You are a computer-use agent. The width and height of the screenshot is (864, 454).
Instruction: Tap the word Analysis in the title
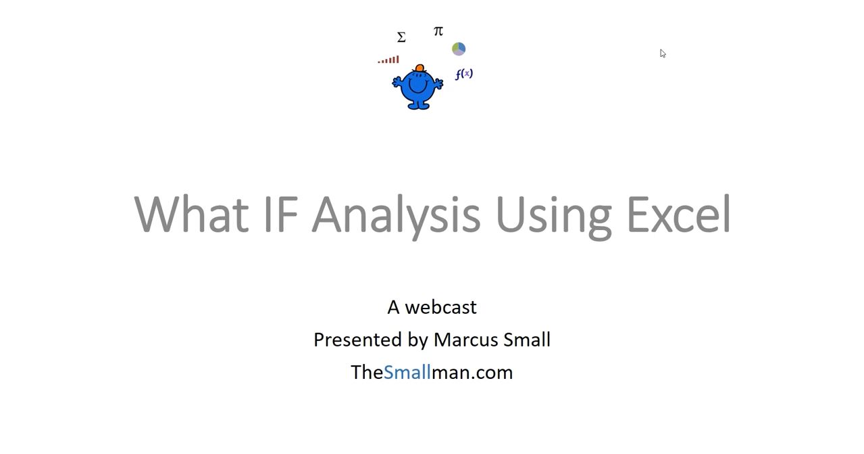click(x=396, y=217)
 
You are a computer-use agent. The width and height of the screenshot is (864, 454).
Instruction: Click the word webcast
click(x=441, y=308)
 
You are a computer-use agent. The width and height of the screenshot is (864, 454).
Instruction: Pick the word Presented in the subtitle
click(x=358, y=340)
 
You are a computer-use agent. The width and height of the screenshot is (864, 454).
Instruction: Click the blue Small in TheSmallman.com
click(x=407, y=373)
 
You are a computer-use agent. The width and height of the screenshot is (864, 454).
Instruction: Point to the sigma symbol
click(x=401, y=37)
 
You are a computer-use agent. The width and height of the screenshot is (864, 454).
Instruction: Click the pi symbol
click(x=438, y=31)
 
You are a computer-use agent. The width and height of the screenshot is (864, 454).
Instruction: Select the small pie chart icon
click(x=459, y=49)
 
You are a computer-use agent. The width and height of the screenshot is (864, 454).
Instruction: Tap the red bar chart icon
click(x=388, y=60)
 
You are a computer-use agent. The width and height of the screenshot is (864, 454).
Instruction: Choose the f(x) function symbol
click(x=464, y=74)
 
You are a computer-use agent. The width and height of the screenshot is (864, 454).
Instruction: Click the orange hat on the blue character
click(x=420, y=68)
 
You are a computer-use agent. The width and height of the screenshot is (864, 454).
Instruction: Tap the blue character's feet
click(x=417, y=105)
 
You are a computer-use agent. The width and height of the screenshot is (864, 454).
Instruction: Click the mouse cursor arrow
click(x=663, y=53)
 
